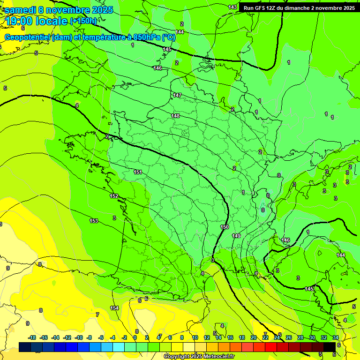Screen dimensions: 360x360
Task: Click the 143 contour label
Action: (x=232, y=7)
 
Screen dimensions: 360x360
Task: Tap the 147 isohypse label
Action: (x=177, y=95)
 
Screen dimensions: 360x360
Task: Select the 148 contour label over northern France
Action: (x=175, y=116)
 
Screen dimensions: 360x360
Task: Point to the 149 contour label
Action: (x=236, y=236)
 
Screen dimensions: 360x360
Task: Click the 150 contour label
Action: (x=225, y=227)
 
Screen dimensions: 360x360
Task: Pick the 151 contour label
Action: (x=138, y=172)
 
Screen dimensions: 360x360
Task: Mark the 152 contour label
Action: (x=114, y=196)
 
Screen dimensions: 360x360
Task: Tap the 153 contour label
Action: (x=94, y=220)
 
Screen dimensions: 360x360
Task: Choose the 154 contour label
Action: (x=114, y=308)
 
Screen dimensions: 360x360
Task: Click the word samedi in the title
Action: (x=21, y=10)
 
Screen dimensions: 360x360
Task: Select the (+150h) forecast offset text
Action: (x=83, y=21)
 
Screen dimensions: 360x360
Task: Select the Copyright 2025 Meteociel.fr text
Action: (x=199, y=357)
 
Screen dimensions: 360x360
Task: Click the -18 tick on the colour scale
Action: (x=32, y=337)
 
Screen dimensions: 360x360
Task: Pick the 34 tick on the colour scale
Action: (x=336, y=337)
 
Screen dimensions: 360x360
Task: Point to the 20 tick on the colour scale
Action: (x=254, y=337)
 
